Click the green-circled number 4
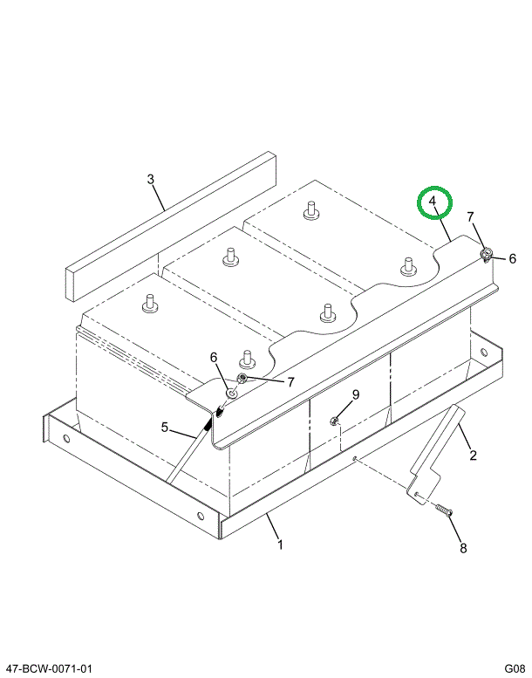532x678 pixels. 433,204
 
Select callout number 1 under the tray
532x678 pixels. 280,545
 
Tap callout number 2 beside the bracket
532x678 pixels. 473,455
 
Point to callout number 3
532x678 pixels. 150,180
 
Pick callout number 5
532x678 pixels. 163,427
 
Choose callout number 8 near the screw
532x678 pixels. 463,548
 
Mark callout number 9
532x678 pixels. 356,395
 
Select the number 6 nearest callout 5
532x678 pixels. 212,357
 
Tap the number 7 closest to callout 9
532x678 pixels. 291,381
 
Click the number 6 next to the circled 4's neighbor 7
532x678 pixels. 512,258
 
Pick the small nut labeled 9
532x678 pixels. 335,422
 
